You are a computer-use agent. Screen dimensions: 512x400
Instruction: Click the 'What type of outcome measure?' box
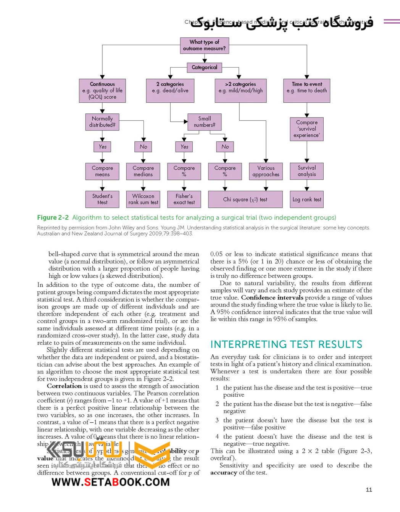204,45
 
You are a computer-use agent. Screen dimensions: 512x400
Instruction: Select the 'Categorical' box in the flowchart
204,68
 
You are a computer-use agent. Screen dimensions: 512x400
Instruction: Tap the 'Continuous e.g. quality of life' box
102,90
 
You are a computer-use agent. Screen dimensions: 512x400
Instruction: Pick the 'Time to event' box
307,90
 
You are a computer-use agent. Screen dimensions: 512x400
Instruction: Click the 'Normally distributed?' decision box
102,122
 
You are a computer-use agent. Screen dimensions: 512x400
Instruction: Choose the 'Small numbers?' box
204,122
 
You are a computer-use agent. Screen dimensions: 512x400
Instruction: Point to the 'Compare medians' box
143,171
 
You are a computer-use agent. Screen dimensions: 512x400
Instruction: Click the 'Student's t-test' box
102,199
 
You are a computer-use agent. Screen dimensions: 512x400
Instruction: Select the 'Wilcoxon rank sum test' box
143,199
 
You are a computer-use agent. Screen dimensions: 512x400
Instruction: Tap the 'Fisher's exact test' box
184,199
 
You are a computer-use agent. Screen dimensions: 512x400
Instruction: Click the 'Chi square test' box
245,199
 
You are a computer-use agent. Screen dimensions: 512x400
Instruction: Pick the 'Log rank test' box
307,199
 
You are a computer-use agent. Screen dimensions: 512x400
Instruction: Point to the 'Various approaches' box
266,171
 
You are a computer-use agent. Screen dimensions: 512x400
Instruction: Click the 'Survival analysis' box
307,171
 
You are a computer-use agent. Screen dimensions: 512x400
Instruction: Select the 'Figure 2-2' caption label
53,218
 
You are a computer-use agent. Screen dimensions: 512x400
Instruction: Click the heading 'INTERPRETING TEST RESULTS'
286,344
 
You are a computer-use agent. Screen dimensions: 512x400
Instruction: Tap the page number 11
369,490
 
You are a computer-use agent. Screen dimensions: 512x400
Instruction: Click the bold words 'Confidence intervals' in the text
272,297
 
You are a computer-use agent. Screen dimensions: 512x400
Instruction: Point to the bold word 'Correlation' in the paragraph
64,386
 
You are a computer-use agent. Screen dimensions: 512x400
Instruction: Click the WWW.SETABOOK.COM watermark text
111,482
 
